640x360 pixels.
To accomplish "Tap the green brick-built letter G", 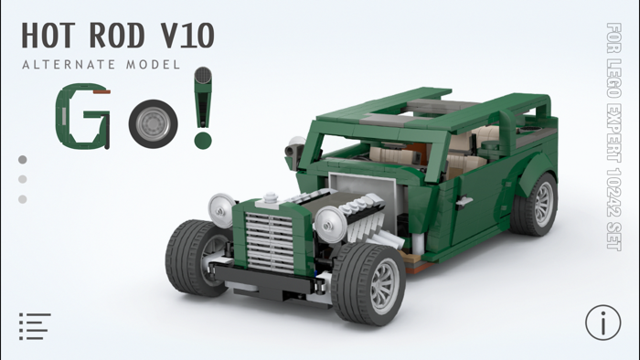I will pos(83,116).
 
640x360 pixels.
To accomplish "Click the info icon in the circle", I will pos(603,323).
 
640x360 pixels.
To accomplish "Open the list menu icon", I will pos(34,326).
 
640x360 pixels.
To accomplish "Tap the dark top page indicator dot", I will pos(22,160).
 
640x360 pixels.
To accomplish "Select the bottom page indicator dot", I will pos(22,199).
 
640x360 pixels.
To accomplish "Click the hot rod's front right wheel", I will pos(368,283).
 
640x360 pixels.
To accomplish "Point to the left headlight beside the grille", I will pos(221,208).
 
